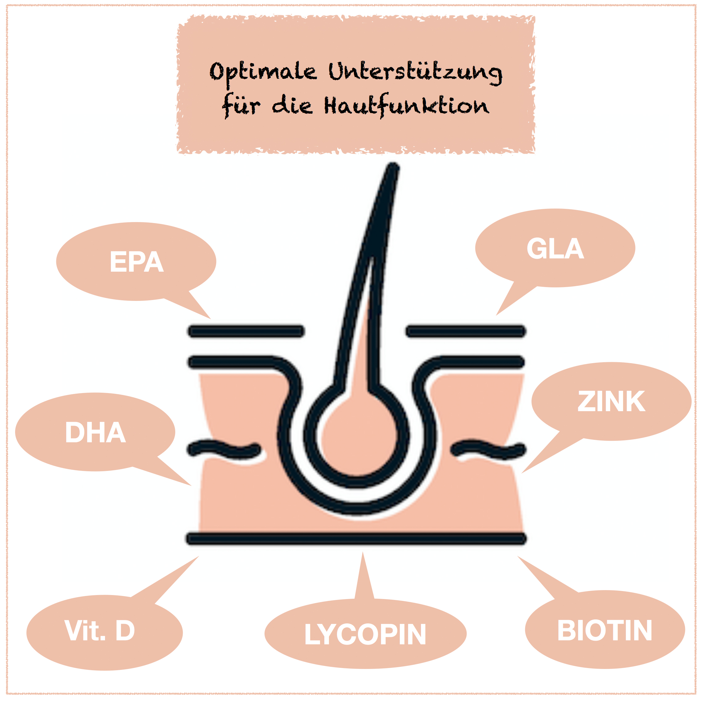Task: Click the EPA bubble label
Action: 136,262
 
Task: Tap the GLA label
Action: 555,249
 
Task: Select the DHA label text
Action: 95,432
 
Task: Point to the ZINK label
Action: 611,402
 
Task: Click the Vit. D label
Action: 100,630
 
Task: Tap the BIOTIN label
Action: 605,630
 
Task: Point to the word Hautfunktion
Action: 406,106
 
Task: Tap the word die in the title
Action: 292,106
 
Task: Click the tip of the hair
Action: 393,168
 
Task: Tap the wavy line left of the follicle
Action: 224,449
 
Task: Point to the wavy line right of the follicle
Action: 488,449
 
